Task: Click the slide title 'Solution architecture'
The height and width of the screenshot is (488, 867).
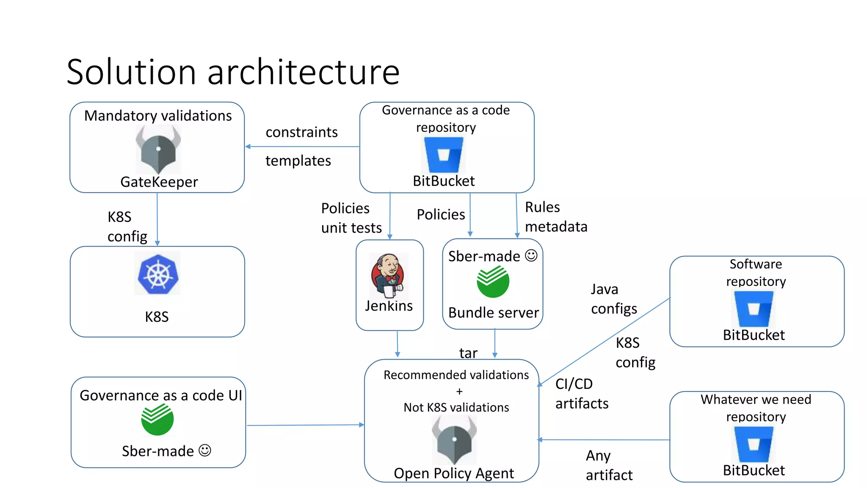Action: pyautogui.click(x=233, y=72)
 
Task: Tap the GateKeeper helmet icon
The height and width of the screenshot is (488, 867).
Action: pyautogui.click(x=158, y=149)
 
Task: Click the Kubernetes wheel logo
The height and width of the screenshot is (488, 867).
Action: pyautogui.click(x=158, y=274)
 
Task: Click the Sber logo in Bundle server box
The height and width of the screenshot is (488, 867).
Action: pyautogui.click(x=493, y=282)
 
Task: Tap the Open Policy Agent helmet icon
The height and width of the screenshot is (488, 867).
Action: pyautogui.click(x=454, y=440)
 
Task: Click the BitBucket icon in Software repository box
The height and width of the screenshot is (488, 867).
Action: pyautogui.click(x=754, y=309)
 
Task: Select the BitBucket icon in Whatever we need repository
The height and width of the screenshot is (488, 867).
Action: pyautogui.click(x=754, y=444)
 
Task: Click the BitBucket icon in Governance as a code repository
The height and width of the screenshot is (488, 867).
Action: pyautogui.click(x=444, y=155)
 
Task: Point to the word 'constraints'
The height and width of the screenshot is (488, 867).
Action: pyautogui.click(x=301, y=132)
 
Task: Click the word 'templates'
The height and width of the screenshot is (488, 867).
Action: pyautogui.click(x=298, y=161)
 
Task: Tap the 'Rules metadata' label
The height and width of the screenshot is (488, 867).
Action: pyautogui.click(x=555, y=217)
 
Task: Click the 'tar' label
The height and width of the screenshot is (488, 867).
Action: pyautogui.click(x=468, y=353)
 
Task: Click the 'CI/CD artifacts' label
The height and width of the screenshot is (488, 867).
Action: pyautogui.click(x=581, y=394)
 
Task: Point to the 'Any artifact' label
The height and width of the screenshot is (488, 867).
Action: pyautogui.click(x=608, y=465)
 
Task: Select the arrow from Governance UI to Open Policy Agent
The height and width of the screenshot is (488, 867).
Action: pyautogui.click(x=305, y=425)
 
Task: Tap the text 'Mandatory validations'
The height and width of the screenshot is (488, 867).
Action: pyautogui.click(x=158, y=116)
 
